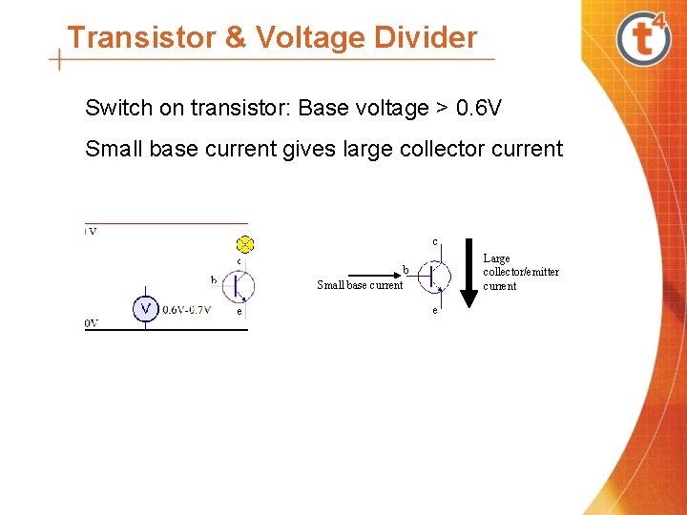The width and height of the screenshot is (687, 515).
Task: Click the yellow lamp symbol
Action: click(245, 243)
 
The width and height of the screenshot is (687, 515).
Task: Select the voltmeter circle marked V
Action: click(145, 308)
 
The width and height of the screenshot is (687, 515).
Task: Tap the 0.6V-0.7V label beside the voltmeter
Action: click(187, 309)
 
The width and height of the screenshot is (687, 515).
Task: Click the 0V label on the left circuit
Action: click(92, 323)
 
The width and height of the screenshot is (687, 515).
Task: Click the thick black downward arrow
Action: click(468, 273)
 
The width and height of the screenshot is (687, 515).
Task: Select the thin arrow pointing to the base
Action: click(368, 274)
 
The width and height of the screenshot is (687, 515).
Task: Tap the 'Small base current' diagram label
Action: click(360, 285)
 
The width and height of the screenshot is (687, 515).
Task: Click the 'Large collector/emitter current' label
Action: click(520, 272)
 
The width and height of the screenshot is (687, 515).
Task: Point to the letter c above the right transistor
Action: click(435, 240)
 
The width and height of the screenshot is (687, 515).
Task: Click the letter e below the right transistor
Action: click(435, 311)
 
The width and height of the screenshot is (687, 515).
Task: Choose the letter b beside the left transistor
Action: click(214, 279)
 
